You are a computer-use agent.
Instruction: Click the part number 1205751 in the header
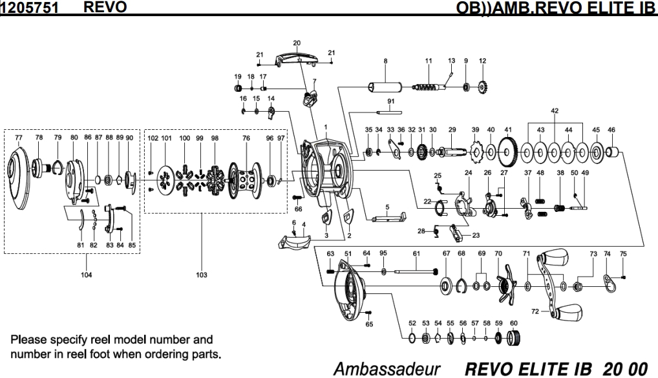(29, 8)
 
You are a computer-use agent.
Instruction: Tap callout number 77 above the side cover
(19, 138)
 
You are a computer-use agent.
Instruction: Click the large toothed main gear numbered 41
(508, 152)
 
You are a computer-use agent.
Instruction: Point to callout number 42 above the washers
(555, 110)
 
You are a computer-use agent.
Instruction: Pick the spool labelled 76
(244, 181)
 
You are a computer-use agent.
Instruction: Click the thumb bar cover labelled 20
(297, 59)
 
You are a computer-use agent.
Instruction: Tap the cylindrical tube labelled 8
(385, 87)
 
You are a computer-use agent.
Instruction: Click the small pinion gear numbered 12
(483, 87)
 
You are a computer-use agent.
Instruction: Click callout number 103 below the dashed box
(202, 275)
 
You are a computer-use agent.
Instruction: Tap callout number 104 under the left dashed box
(87, 275)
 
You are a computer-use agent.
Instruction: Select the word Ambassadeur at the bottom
(387, 369)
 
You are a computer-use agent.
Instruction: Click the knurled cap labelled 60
(514, 338)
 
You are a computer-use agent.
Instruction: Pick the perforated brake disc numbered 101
(166, 181)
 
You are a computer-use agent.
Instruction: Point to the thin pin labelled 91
(389, 112)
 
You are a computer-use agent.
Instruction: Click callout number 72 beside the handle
(535, 311)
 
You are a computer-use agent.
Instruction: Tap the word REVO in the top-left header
(105, 6)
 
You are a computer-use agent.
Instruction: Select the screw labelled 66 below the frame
(297, 197)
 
